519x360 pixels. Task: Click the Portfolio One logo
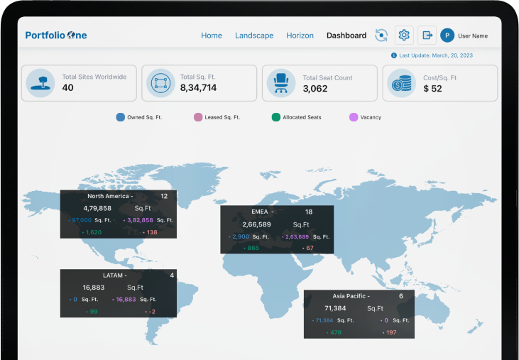(x=56, y=36)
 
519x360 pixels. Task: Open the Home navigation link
(x=212, y=36)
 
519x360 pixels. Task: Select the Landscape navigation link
(x=254, y=36)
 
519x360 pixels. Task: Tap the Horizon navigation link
(x=300, y=36)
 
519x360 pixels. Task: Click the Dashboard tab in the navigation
(x=346, y=36)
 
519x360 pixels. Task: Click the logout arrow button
(x=427, y=35)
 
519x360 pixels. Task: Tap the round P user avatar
(x=447, y=35)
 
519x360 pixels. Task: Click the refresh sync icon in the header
(x=382, y=36)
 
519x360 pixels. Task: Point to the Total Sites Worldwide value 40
(x=68, y=88)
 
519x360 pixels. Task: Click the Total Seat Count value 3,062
(x=315, y=89)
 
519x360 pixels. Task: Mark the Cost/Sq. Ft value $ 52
(x=432, y=89)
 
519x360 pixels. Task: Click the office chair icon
(x=280, y=83)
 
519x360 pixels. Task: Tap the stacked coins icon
(x=401, y=83)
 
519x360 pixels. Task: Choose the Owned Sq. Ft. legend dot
(x=120, y=117)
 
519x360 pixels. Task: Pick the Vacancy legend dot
(x=354, y=117)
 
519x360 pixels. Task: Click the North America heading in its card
(x=108, y=196)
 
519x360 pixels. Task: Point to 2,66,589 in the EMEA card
(x=257, y=224)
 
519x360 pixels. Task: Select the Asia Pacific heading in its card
(x=351, y=295)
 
